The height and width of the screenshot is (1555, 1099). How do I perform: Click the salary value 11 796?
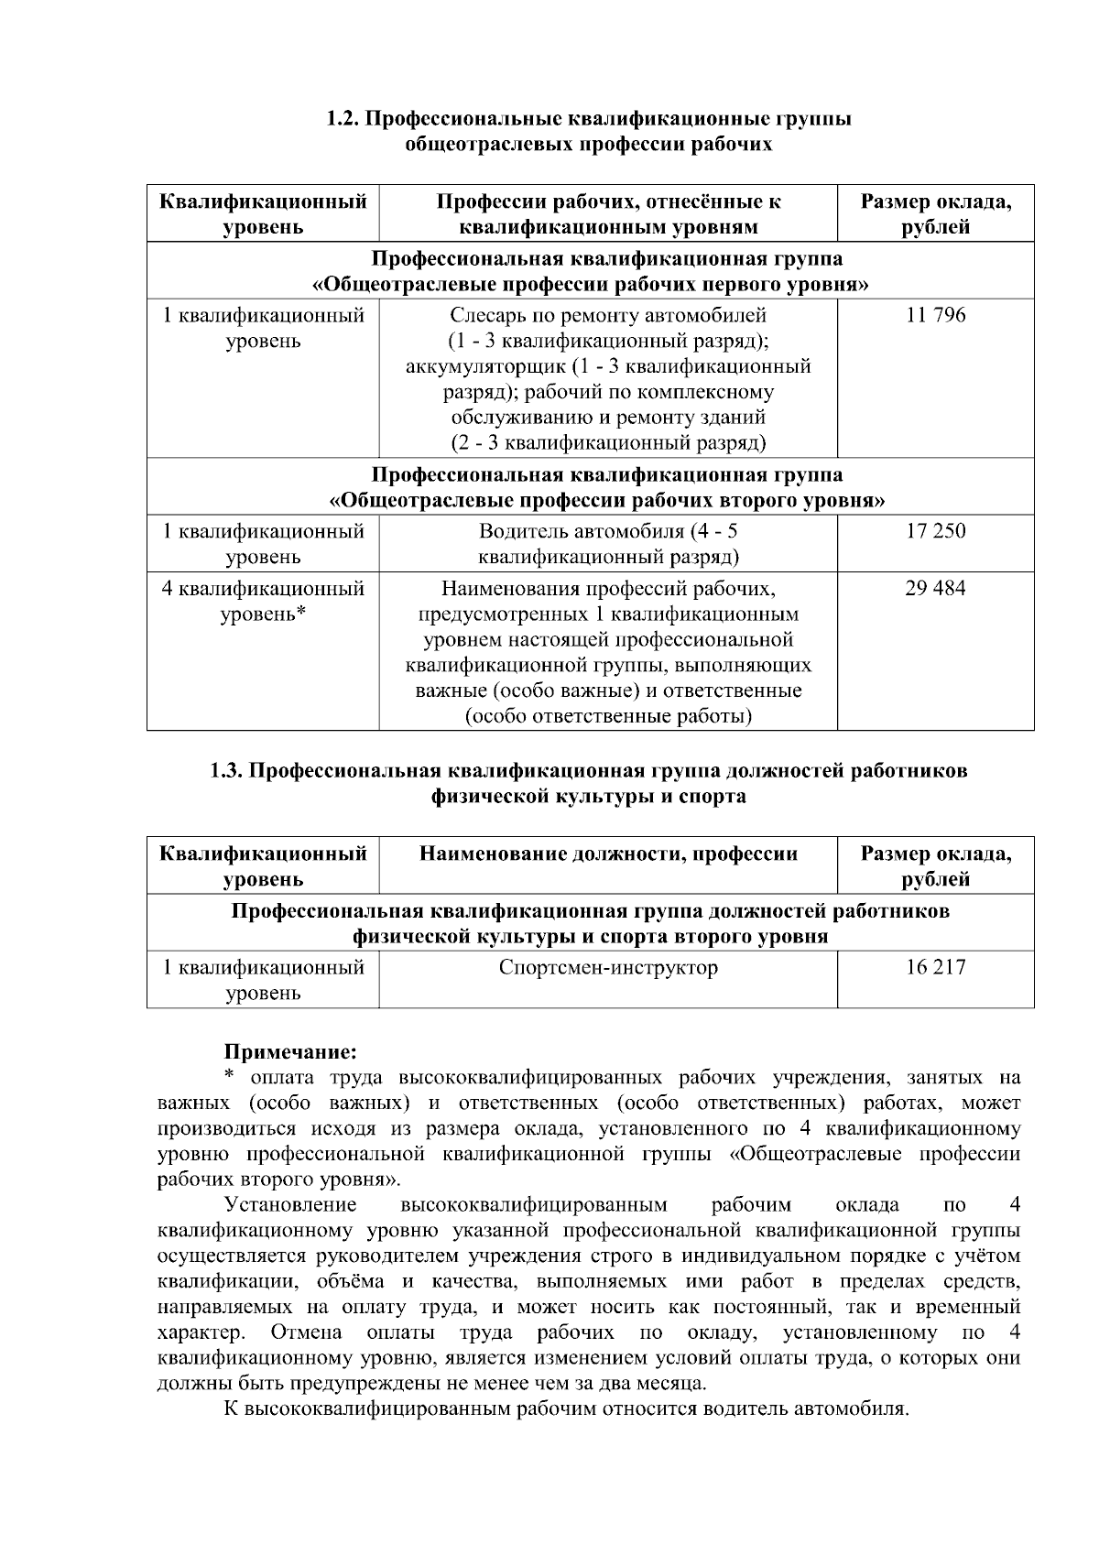click(935, 316)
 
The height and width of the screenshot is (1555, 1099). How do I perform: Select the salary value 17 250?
click(935, 531)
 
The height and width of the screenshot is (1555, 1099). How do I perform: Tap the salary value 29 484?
click(935, 588)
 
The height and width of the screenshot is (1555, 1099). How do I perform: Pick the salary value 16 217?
click(935, 967)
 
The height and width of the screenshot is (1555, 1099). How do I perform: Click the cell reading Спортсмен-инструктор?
click(608, 967)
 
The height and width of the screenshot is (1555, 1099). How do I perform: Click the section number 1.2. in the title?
click(345, 119)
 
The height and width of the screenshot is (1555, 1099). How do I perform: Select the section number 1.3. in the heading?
click(228, 771)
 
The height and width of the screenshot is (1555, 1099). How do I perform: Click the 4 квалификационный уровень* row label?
click(263, 601)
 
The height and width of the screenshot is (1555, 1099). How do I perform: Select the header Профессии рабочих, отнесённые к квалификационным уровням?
click(608, 213)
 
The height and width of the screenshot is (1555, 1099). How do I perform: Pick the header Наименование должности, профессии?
click(608, 854)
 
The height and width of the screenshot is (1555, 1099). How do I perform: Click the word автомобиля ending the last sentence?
click(852, 1408)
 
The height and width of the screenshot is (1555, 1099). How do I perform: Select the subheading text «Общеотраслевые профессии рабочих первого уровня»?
click(591, 285)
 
